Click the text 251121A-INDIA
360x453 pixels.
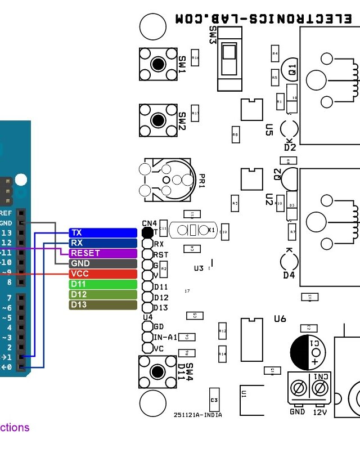pyautogui.click(x=197, y=415)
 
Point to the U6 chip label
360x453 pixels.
pyautogui.click(x=280, y=319)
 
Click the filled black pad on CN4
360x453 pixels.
pyautogui.click(x=147, y=232)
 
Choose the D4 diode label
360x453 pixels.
pyautogui.click(x=289, y=275)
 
